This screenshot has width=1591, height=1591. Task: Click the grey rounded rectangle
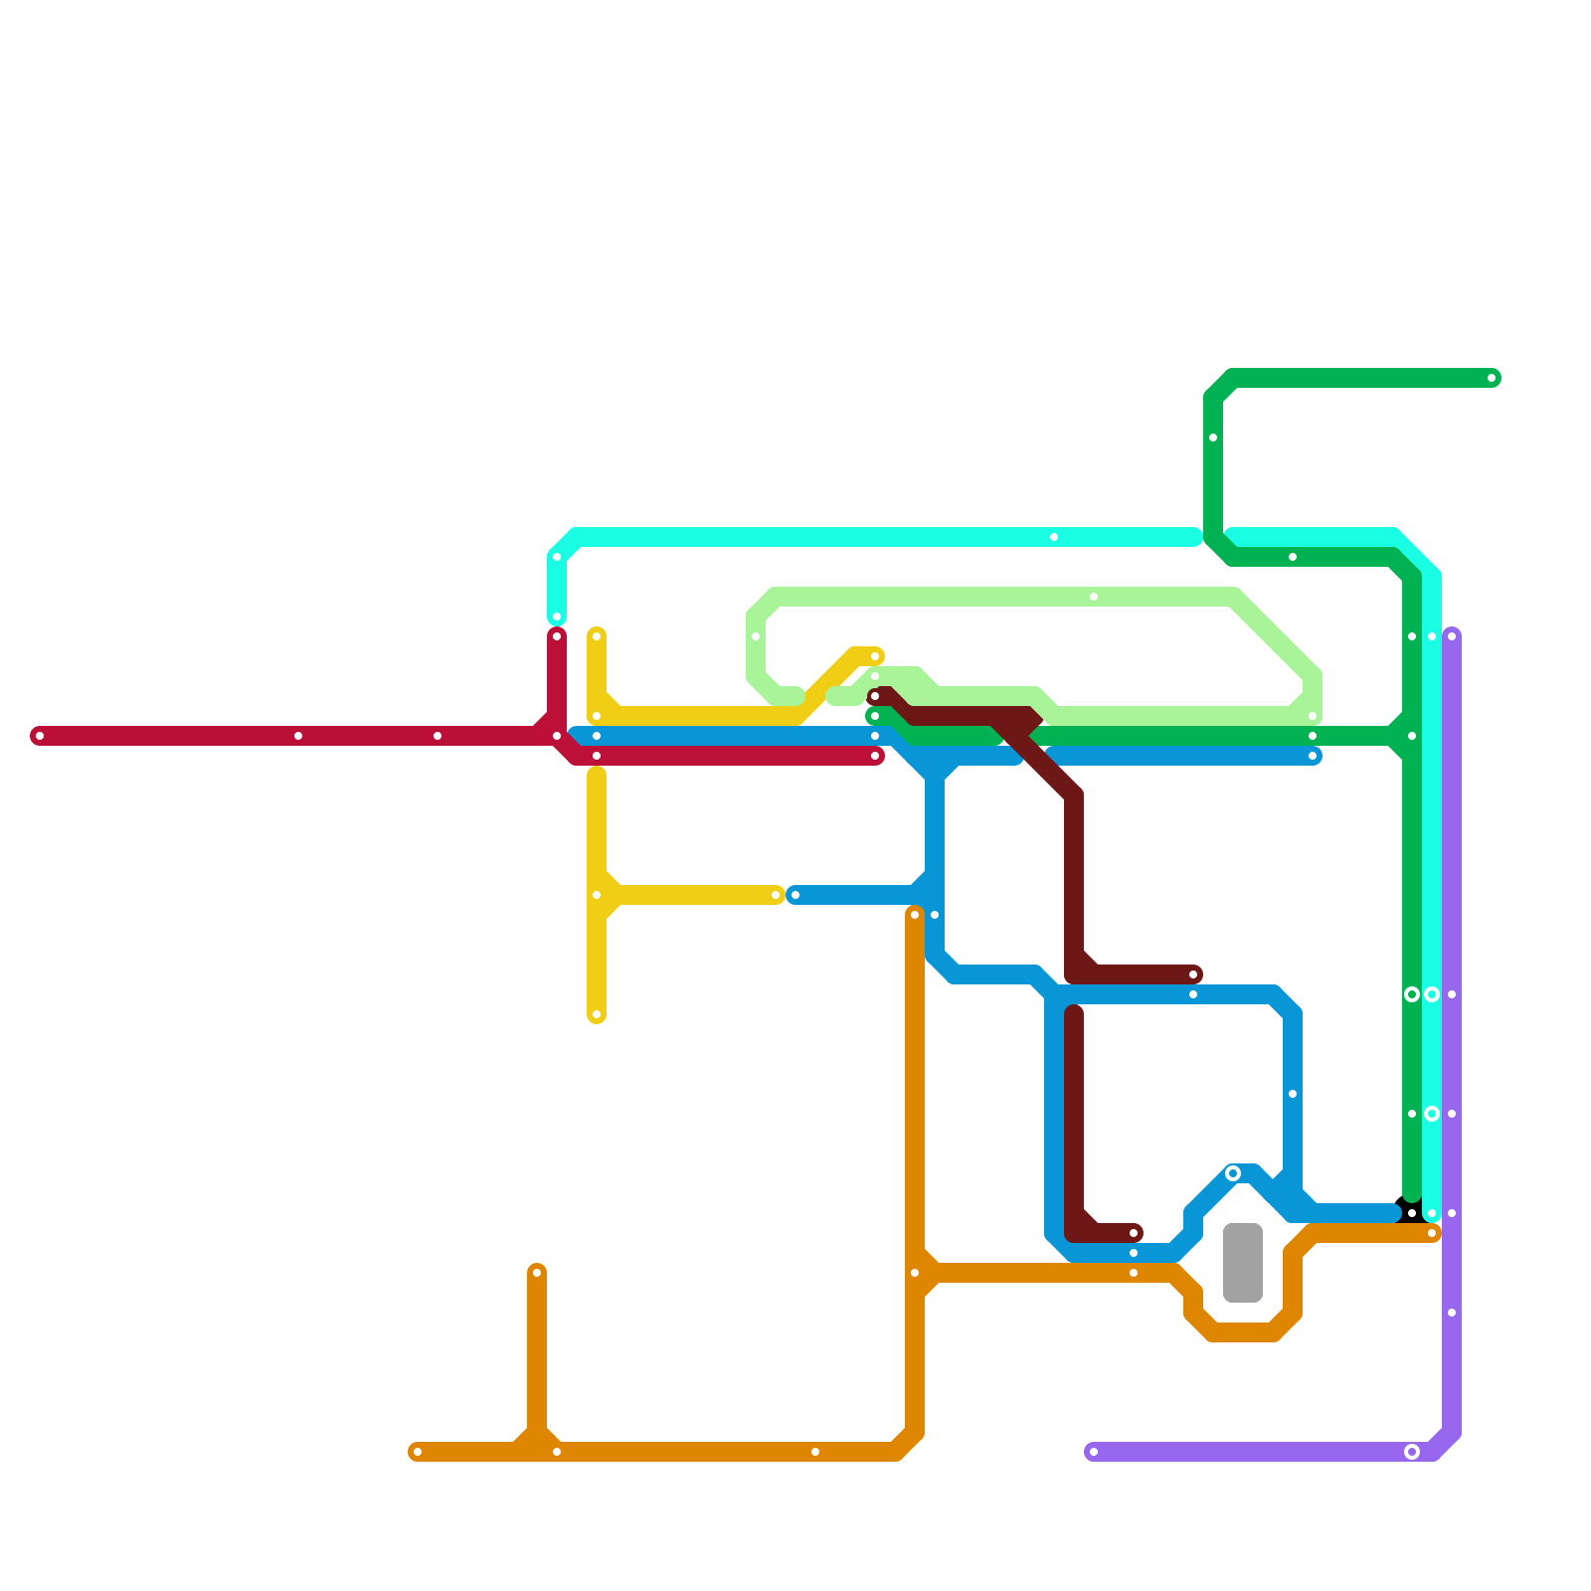click(1243, 1263)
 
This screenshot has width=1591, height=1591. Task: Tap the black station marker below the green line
click(1412, 1213)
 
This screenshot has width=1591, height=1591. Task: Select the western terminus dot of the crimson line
click(40, 736)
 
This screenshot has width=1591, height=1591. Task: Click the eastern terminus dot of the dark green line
click(1492, 378)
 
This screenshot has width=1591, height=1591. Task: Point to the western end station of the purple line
click(1094, 1452)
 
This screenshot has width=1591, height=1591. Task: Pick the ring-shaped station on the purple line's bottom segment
click(1412, 1452)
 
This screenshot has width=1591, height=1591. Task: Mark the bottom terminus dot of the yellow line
click(597, 1014)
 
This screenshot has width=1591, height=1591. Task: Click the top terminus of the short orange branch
click(537, 1273)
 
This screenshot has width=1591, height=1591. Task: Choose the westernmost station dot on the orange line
click(418, 1452)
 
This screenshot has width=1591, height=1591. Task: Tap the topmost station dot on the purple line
click(1452, 636)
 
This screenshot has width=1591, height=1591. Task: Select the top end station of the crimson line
click(557, 636)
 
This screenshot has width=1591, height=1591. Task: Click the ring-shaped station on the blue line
click(1233, 1173)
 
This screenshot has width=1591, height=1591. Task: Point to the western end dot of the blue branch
click(795, 895)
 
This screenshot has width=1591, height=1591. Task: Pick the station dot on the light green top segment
click(1094, 597)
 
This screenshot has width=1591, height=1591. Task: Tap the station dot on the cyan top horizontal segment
click(1054, 537)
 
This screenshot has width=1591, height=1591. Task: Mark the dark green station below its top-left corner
click(1213, 438)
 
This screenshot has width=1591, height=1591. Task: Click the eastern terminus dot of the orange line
click(1432, 1233)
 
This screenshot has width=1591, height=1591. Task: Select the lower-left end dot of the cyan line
click(557, 617)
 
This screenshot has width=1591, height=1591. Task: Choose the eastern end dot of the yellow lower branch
click(776, 895)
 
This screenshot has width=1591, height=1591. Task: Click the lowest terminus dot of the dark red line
click(1134, 1233)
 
